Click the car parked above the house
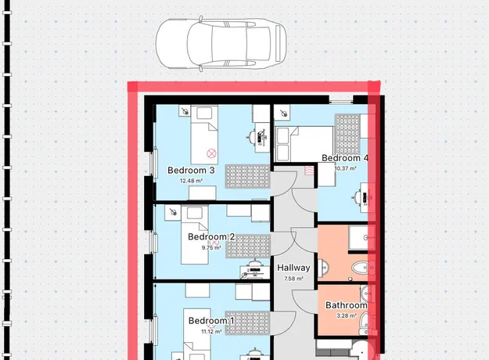coord(221,43)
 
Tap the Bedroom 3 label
coord(191,171)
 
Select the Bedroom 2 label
coord(211,237)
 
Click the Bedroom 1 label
coord(211,321)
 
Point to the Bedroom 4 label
coord(344,158)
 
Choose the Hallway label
coord(293,268)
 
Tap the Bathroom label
coord(346,305)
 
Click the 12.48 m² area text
coord(191,181)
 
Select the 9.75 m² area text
coord(211,247)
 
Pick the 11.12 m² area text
coord(211,331)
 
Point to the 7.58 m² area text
coord(293,279)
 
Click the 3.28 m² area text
coord(347,315)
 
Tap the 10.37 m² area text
coord(346,168)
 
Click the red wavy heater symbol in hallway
coord(309,171)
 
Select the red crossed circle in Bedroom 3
coord(211,153)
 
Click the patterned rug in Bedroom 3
coord(247,176)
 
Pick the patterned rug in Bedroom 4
coord(347,135)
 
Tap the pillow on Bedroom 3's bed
coord(204,113)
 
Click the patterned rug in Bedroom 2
coord(248,247)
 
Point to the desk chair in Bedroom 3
coord(252,136)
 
